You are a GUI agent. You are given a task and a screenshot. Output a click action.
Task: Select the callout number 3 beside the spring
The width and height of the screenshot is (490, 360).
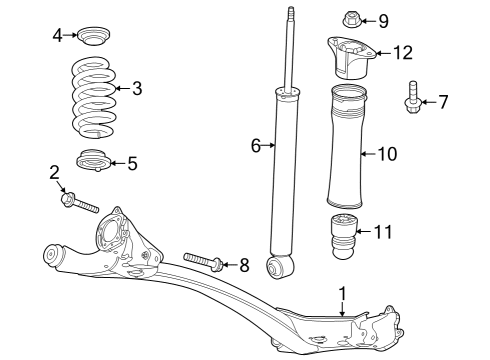[x=137, y=88]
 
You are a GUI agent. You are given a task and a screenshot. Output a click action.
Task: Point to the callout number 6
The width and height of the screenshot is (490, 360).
[x=256, y=146]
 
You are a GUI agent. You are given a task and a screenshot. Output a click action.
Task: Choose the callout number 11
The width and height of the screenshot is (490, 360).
[x=384, y=232]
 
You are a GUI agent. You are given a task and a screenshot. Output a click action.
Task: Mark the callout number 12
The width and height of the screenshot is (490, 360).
[x=402, y=52]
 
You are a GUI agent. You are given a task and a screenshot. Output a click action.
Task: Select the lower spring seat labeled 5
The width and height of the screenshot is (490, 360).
[x=94, y=160]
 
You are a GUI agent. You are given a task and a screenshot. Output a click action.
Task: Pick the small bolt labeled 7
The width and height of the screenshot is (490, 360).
[x=412, y=99]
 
